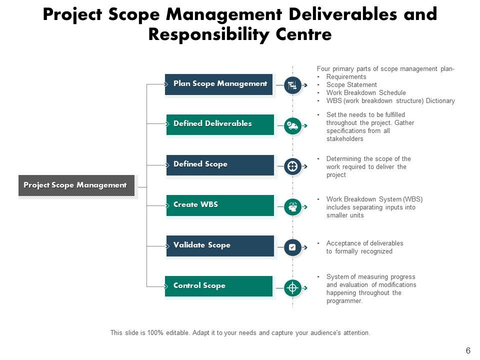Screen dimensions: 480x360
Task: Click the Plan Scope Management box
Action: (218, 84)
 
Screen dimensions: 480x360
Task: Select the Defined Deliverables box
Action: (220, 124)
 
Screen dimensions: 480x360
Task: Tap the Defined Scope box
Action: (220, 165)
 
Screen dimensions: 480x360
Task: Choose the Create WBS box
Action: (220, 205)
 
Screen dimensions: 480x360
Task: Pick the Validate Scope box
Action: (220, 246)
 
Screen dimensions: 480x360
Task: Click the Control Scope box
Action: (218, 286)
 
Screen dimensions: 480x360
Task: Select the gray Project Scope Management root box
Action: (76, 185)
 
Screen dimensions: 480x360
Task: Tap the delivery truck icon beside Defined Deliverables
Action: (292, 125)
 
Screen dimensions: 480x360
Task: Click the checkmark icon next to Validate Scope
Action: (292, 247)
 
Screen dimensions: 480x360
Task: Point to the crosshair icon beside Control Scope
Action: (292, 288)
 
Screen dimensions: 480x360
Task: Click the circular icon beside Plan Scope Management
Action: (292, 85)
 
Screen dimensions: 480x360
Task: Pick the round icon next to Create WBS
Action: (292, 207)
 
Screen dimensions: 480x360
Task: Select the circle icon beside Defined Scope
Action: (292, 166)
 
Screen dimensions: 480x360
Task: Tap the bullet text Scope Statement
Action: (351, 85)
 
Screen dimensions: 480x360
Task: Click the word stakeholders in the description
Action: (344, 139)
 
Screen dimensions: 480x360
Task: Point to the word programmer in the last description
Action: (344, 301)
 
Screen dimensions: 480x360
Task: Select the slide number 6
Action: (468, 350)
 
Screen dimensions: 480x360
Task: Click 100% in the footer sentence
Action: (155, 333)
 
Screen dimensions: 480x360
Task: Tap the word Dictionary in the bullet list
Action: (440, 100)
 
